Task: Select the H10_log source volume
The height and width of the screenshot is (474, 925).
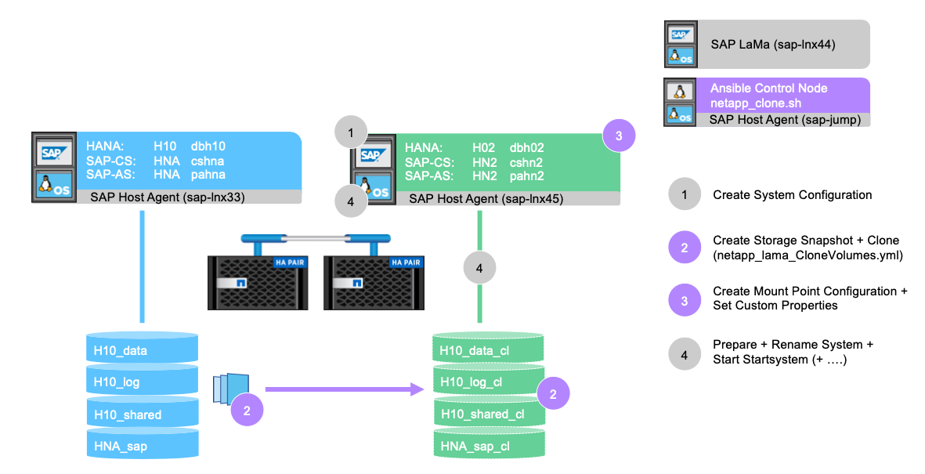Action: [x=142, y=382]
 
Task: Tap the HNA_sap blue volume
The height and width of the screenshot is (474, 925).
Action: [x=142, y=446]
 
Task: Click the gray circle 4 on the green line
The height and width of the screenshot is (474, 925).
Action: [x=479, y=269]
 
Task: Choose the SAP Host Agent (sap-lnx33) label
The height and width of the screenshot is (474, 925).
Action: [x=167, y=197]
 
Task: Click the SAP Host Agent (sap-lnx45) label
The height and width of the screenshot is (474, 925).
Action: [x=485, y=199]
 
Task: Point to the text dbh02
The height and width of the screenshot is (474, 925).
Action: [x=526, y=147]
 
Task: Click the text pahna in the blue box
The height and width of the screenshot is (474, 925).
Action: [x=208, y=174]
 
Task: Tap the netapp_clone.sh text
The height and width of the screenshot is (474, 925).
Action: [x=755, y=103]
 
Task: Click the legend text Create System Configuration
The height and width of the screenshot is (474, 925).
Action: [x=792, y=195]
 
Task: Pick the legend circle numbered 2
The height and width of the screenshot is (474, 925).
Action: [x=685, y=248]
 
